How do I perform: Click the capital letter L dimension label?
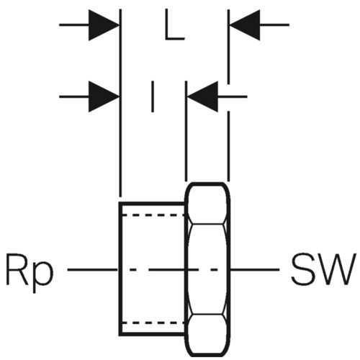click(x=174, y=24)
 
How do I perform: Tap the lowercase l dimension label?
click(x=153, y=96)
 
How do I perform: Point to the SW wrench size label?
click(x=323, y=269)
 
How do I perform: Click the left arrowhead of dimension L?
click(x=104, y=24)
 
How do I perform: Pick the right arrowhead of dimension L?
click(x=245, y=24)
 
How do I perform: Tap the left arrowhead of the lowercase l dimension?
click(x=104, y=96)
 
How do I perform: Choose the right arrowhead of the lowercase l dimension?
click(x=203, y=96)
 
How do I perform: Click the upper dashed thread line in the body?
click(x=153, y=215)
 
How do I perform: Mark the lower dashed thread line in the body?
click(x=153, y=323)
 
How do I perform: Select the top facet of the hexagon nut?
click(x=207, y=204)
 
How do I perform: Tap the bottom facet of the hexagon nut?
click(x=207, y=335)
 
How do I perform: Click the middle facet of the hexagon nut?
click(x=207, y=269)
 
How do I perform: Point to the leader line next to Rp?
click(x=92, y=270)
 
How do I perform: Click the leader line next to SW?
click(x=255, y=270)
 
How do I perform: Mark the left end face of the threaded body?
click(x=120, y=269)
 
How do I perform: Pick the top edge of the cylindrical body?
click(x=153, y=204)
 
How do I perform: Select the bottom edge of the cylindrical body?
click(x=153, y=333)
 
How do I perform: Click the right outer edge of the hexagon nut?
click(x=229, y=269)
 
